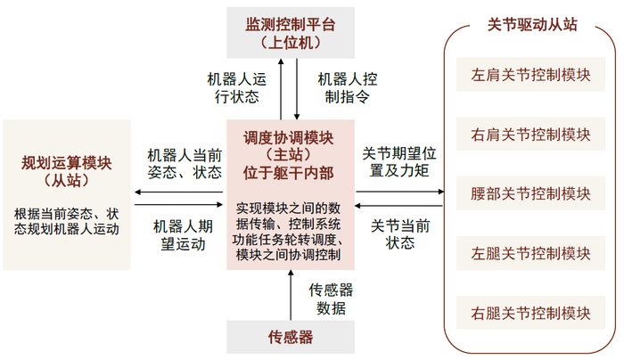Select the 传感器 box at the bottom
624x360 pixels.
coord(291,338)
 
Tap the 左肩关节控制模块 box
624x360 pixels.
coord(530,76)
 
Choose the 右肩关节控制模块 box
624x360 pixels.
coord(530,135)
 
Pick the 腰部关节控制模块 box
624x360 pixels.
coord(530,193)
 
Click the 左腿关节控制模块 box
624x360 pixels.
coord(530,253)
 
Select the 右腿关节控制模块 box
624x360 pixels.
coord(530,312)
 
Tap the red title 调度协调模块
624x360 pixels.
coord(291,139)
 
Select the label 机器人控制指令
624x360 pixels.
coord(344,86)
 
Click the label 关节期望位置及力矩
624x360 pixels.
coord(399,161)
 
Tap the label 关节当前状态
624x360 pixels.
coord(399,233)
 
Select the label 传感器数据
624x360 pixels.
coord(331,299)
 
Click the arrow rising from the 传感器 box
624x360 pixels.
coord(291,297)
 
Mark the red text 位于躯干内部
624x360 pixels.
coord(291,175)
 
